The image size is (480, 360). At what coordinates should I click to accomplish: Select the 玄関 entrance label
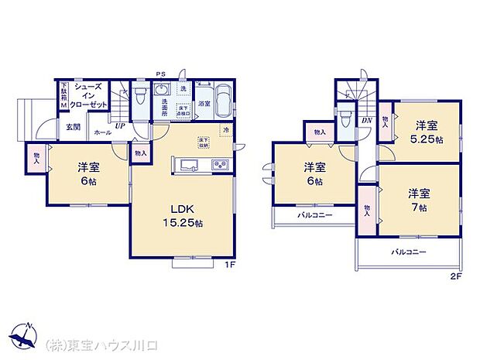coord(72,126)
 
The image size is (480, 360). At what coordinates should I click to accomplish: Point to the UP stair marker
coord(121,125)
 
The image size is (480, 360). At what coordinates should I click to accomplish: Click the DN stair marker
coord(366,121)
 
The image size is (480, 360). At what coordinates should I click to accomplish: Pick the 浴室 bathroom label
coord(204,103)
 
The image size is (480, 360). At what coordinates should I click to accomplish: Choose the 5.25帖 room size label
coord(427,140)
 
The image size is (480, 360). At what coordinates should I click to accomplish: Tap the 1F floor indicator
coord(230,267)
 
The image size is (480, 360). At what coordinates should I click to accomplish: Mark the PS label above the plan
coord(159,74)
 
